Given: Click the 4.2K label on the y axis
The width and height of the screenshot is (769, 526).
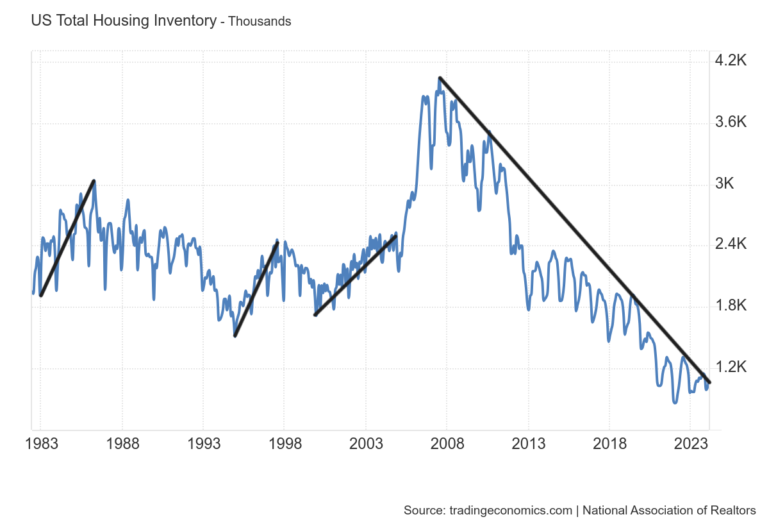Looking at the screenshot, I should tap(731, 61).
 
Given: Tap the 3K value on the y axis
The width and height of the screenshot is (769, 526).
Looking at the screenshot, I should tap(724, 183).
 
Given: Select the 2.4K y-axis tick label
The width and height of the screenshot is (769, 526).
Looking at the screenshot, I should tap(731, 244).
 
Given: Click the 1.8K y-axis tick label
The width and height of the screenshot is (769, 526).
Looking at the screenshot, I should tap(731, 305).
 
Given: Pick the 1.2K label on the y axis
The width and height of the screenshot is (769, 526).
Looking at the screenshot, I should tap(731, 367).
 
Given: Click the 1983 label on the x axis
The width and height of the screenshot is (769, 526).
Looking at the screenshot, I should tap(41, 444).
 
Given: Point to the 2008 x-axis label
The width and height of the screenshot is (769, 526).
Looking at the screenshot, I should tap(447, 444).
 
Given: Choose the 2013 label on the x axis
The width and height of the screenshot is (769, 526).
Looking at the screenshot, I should tap(528, 444).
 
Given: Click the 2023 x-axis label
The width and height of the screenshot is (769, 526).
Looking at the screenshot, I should tap(690, 444).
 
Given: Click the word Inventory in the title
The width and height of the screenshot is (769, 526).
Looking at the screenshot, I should tap(186, 21).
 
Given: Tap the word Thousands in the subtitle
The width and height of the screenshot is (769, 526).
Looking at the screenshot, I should tap(260, 21).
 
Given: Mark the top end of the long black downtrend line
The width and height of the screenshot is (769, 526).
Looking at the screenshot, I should tap(440, 78).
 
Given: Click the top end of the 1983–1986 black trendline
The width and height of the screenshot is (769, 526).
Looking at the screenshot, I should tap(94, 181).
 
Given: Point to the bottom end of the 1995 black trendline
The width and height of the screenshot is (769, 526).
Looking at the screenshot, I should tap(235, 335).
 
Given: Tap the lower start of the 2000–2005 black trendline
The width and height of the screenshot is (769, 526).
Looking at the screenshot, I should tap(315, 314).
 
